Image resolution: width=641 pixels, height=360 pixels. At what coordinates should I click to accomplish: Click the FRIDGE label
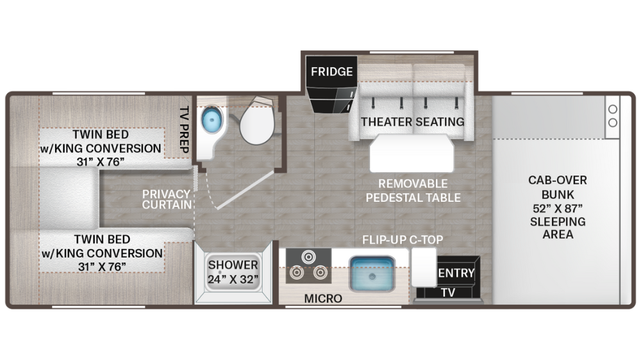pyautogui.click(x=331, y=71)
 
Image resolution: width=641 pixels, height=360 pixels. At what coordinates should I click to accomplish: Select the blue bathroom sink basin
pyautogui.click(x=211, y=120)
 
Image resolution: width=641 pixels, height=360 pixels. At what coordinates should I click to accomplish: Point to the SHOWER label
pyautogui.click(x=233, y=265)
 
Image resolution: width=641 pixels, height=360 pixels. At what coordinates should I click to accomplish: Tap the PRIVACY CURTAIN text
pyautogui.click(x=167, y=199)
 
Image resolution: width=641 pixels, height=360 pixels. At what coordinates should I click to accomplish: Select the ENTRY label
pyautogui.click(x=456, y=274)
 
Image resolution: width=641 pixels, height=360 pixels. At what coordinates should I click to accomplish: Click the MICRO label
pyautogui.click(x=323, y=299)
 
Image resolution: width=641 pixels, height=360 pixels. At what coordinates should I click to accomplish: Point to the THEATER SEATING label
pyautogui.click(x=412, y=121)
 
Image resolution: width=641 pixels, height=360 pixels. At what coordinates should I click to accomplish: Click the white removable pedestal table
pyautogui.click(x=412, y=153)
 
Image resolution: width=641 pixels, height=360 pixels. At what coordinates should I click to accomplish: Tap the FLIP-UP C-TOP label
pyautogui.click(x=403, y=240)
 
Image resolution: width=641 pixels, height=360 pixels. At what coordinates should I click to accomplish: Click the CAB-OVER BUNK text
pyautogui.click(x=556, y=187)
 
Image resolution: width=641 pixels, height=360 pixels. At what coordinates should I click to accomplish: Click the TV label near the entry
pyautogui.click(x=448, y=292)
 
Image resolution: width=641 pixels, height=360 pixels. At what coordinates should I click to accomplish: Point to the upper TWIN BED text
pyautogui.click(x=101, y=135)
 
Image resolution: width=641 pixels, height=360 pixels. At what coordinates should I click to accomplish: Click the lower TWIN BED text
pyautogui.click(x=101, y=240)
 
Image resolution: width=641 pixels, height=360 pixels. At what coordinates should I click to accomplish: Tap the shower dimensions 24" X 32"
pyautogui.click(x=232, y=279)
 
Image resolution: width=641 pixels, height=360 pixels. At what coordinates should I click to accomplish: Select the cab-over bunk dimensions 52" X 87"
pyautogui.click(x=556, y=208)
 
